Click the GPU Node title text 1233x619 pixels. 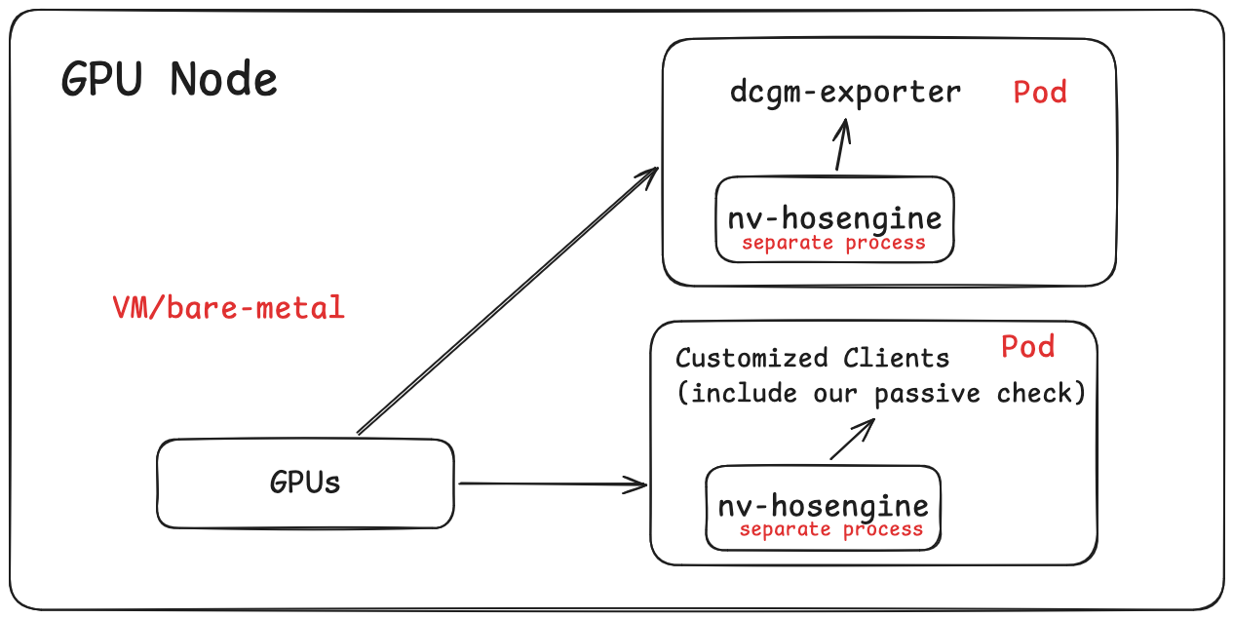[x=170, y=79]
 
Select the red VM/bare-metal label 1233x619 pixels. [x=228, y=309]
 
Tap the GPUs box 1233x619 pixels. [x=305, y=483]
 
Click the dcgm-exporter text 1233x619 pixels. [x=845, y=93]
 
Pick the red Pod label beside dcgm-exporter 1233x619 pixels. [x=1039, y=93]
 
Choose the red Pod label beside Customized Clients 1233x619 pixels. [x=1027, y=347]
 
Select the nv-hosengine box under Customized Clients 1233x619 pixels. [x=823, y=504]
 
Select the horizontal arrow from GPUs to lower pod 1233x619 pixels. [x=551, y=483]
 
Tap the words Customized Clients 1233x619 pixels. [x=812, y=358]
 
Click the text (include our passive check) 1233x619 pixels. [x=880, y=394]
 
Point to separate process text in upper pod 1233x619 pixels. [x=833, y=243]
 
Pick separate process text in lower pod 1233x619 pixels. [x=830, y=529]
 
